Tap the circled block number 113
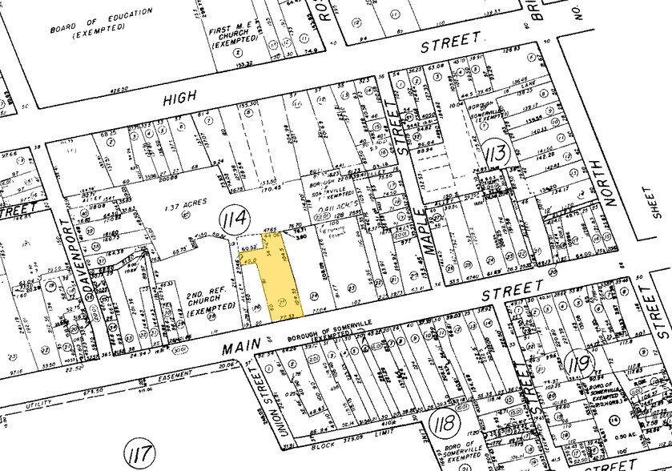pyautogui.click(x=496, y=149)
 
